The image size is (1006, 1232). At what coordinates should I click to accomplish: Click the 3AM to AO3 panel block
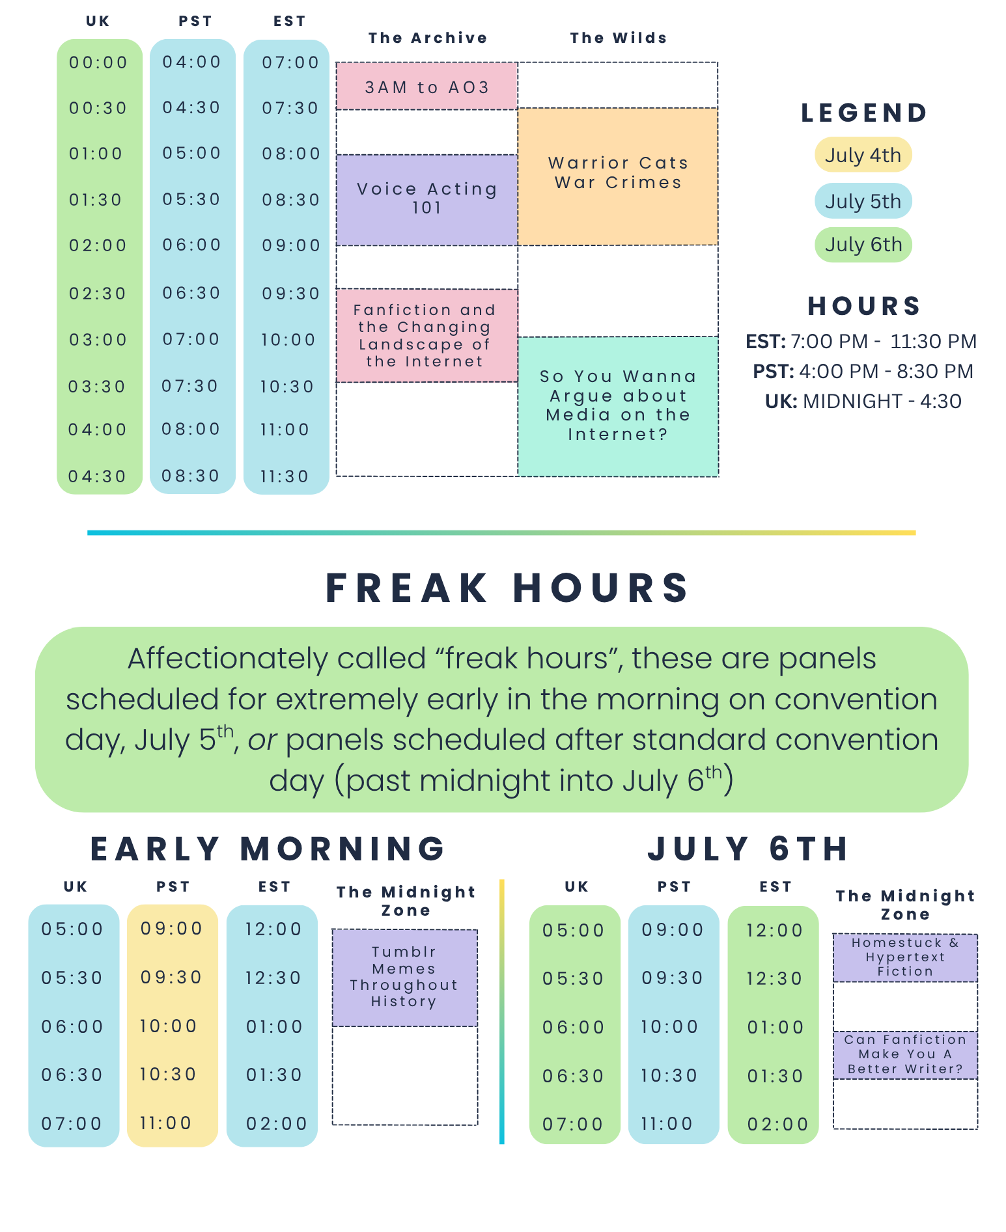426,87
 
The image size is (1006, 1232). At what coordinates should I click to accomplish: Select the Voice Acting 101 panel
426,199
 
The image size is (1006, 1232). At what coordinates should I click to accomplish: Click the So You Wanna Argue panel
617,405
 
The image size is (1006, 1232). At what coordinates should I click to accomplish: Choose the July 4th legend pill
863,155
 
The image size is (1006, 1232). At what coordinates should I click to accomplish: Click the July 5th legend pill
863,201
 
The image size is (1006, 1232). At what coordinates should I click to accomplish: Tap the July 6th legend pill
863,245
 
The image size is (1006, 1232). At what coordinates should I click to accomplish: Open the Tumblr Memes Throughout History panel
404,978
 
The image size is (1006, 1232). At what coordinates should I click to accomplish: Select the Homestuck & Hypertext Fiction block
905,957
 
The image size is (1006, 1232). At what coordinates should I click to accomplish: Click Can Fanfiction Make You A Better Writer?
905,1054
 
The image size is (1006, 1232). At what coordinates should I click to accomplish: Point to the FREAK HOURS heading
507,588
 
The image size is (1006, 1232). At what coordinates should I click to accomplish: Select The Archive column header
427,38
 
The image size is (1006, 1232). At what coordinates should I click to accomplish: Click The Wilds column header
618,38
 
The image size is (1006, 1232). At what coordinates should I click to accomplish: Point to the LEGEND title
864,113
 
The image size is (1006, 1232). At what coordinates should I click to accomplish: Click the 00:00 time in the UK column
98,62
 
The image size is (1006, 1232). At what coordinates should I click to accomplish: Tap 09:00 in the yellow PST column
172,928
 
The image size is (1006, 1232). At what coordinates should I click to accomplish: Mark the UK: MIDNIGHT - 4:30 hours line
863,401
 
